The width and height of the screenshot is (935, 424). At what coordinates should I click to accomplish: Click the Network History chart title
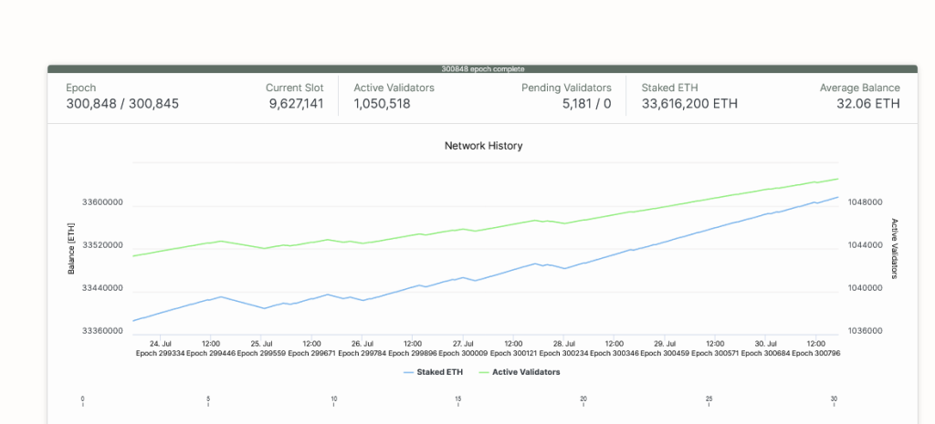click(483, 146)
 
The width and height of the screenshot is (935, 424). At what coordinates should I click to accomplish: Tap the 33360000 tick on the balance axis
click(101, 331)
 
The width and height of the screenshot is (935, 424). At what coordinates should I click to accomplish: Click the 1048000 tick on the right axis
click(865, 202)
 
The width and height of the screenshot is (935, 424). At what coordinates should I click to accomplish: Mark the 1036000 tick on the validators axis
click(865, 331)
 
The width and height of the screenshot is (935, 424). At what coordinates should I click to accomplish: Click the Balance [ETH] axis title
click(71, 247)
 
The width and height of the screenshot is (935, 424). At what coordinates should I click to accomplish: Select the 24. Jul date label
click(160, 344)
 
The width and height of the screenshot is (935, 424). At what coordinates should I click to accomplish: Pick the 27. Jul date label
click(462, 344)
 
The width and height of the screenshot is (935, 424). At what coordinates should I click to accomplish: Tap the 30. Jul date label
click(765, 344)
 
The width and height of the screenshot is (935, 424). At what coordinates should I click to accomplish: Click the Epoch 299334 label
click(160, 352)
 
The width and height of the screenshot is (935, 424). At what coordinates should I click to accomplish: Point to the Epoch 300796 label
click(815, 352)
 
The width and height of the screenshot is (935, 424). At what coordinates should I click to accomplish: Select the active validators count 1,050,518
click(382, 104)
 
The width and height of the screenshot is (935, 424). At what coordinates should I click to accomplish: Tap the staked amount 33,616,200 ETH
click(689, 104)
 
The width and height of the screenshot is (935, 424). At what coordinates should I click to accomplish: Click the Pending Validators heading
click(566, 88)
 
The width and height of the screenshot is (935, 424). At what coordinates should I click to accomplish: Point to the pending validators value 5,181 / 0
click(586, 104)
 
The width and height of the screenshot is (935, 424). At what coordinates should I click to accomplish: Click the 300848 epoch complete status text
click(483, 68)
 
